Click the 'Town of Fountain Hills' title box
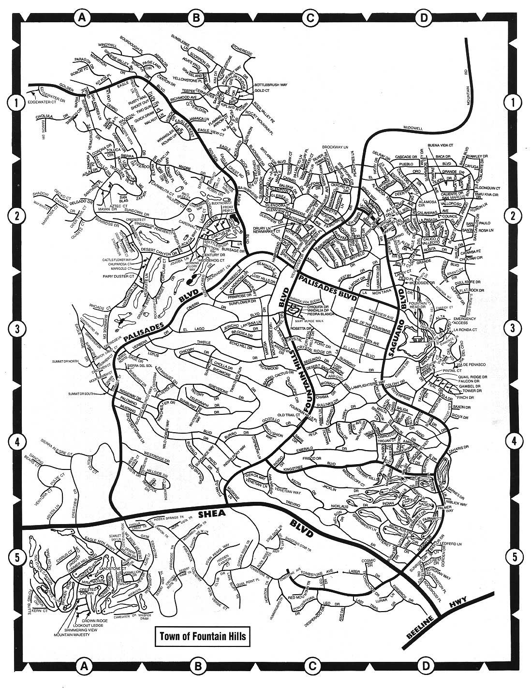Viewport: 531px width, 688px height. [x=200, y=635]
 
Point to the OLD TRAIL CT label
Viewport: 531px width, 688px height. [x=289, y=414]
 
